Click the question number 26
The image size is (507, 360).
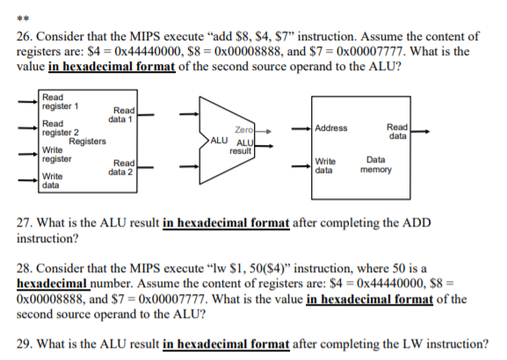[x=25, y=36]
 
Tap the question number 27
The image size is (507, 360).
[x=25, y=223]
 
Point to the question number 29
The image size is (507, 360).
[x=25, y=343]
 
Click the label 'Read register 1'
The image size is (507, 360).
[x=58, y=101]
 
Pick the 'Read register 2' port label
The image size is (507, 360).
[x=58, y=128]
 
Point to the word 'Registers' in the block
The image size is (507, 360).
[x=88, y=141]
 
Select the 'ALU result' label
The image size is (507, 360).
[x=240, y=148]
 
